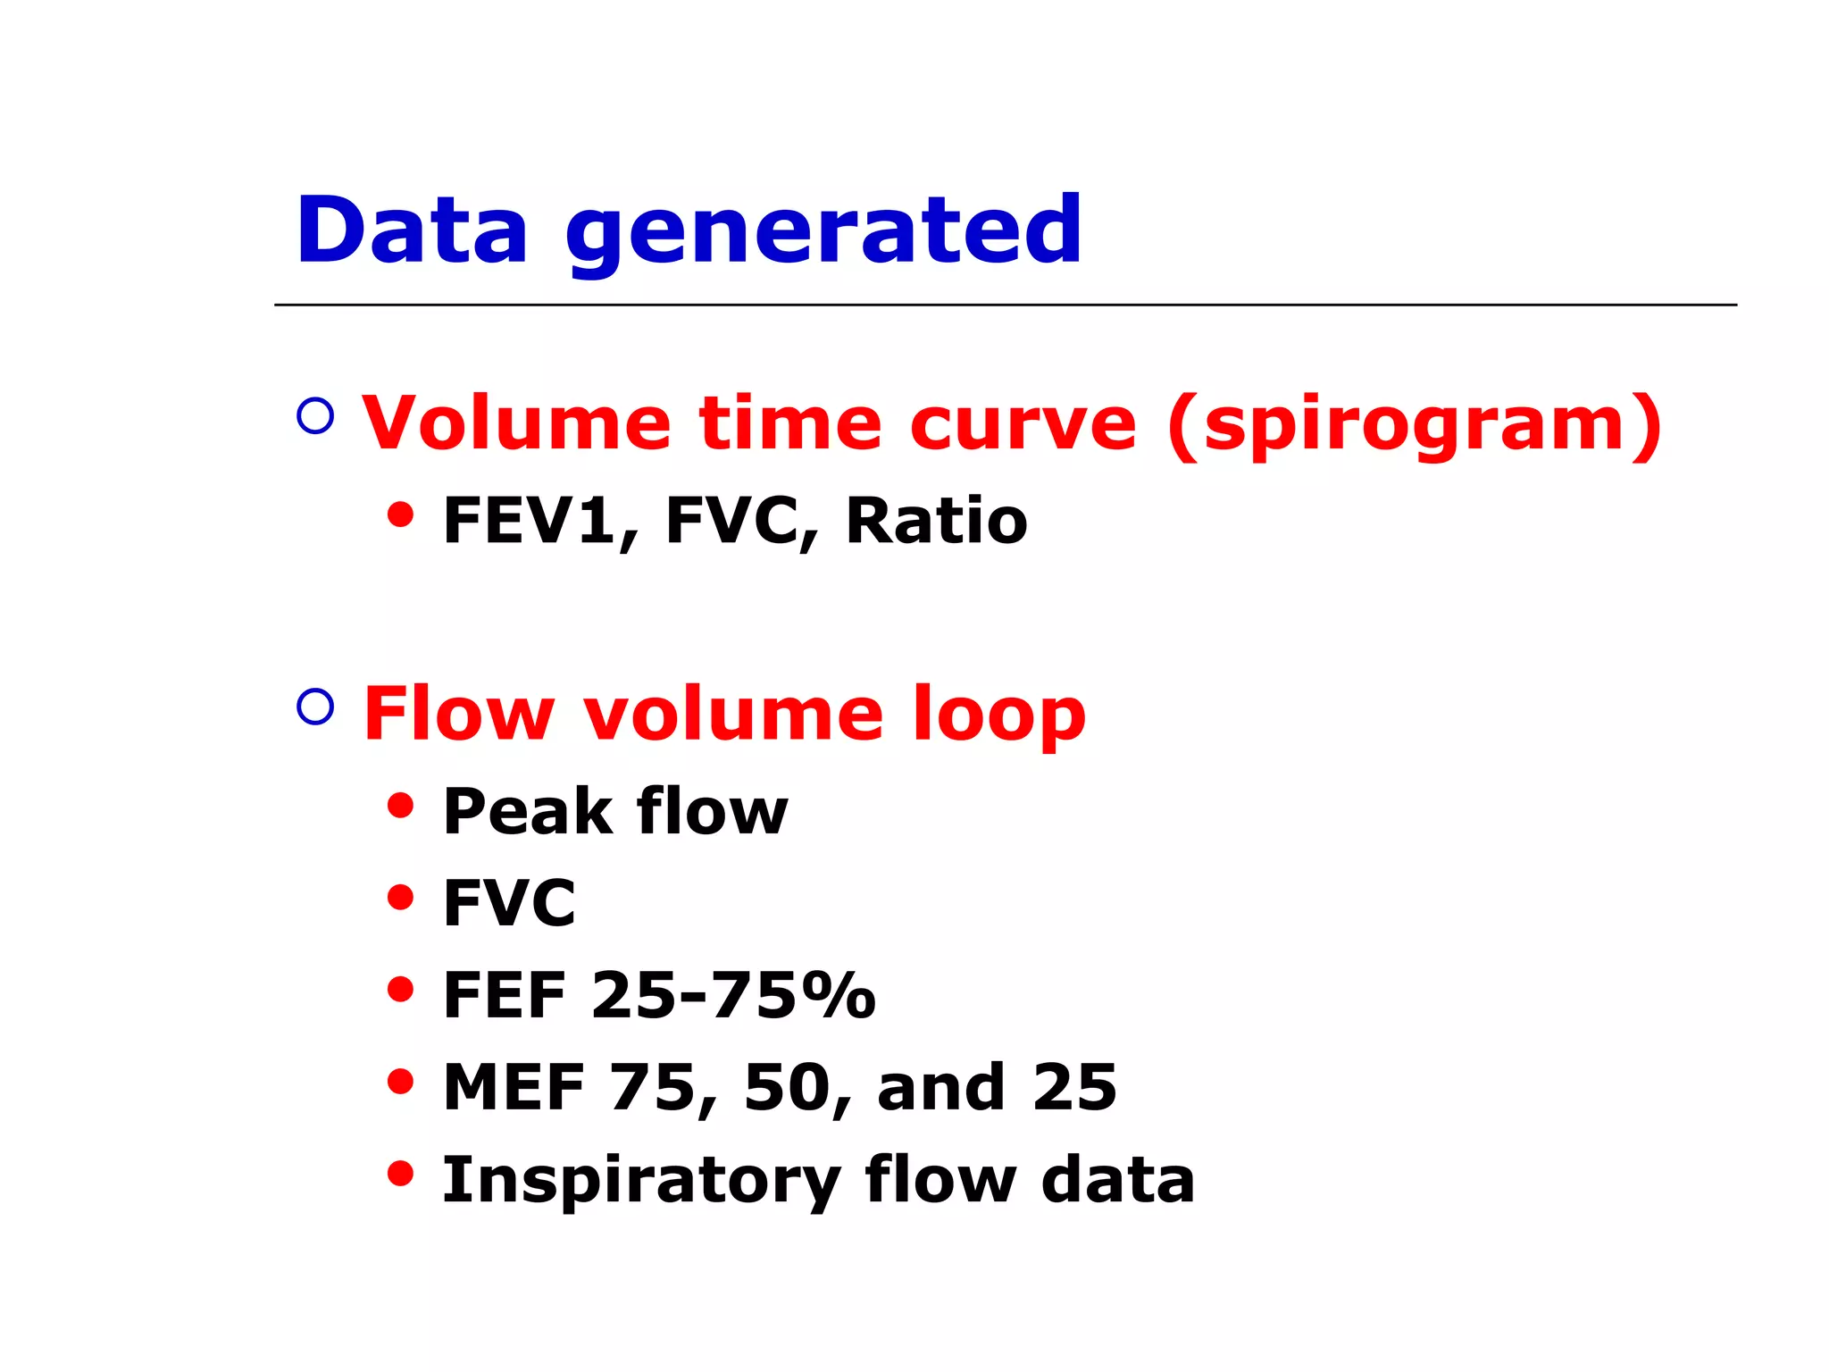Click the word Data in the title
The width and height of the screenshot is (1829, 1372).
[412, 230]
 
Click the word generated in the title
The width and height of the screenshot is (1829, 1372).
[823, 234]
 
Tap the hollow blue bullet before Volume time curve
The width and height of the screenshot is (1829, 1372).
[315, 415]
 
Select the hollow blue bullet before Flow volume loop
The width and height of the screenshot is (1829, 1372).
[315, 706]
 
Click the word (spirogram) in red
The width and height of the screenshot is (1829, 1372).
[1415, 425]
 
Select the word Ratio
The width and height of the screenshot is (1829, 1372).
[936, 522]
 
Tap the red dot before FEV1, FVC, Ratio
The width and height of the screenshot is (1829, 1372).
[401, 515]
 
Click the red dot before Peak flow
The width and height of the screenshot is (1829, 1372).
[401, 806]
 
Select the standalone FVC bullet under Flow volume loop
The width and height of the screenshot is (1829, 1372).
[509, 903]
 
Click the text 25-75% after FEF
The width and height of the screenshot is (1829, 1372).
[732, 995]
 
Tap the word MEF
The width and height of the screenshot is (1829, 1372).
[514, 1088]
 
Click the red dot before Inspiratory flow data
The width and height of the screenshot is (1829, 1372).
[401, 1173]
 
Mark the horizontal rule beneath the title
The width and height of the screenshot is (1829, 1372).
[1005, 305]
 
